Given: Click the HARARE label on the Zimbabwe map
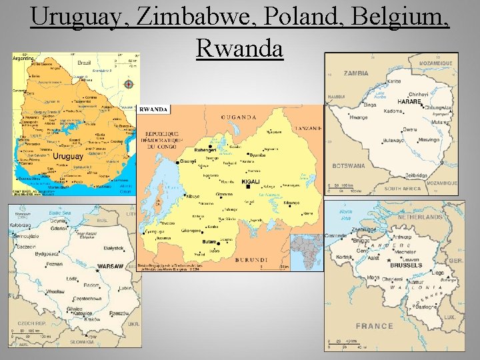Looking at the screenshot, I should pos(409,102).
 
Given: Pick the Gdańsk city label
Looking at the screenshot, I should pos(57,228).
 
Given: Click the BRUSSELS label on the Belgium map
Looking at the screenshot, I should pos(406,265).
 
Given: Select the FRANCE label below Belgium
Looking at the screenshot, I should pos(374,326).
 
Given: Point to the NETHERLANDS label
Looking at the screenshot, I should pos(420,217).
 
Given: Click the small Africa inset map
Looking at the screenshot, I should pos(307,251).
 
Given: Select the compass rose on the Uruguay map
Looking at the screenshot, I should pos(129,85).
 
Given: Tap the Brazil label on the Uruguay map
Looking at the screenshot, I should pos(83,62).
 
